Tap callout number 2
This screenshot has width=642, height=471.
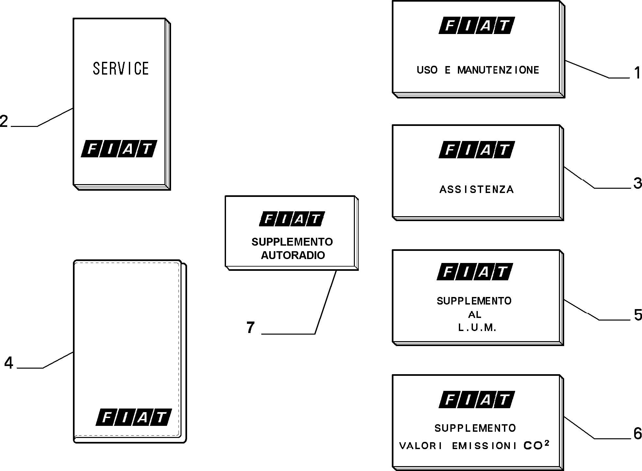(4, 121)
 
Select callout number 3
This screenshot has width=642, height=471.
(637, 183)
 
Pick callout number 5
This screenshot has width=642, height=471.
(638, 315)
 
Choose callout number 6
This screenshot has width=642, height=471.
(638, 434)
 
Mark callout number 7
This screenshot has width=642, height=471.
(251, 327)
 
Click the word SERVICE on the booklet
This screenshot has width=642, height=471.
(121, 69)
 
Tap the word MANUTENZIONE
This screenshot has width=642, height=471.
(498, 70)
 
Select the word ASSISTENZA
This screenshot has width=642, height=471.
(477, 189)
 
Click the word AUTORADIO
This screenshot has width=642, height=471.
(293, 255)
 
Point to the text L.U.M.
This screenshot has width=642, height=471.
(477, 328)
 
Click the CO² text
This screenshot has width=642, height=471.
(536, 445)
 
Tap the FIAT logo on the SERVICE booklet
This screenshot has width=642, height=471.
(119, 149)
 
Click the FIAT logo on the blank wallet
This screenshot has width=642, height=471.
(133, 417)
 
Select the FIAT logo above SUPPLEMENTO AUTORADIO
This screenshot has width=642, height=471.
(292, 219)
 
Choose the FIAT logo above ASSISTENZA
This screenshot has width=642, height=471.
(477, 150)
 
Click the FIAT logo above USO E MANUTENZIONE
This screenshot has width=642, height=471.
(477, 26)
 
